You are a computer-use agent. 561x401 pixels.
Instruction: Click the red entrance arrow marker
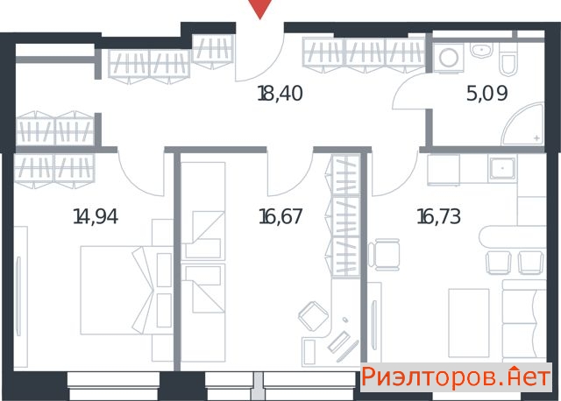[x=260, y=8]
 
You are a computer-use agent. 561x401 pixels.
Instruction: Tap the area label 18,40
[x=280, y=94]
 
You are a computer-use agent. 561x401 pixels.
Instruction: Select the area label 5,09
[x=487, y=94]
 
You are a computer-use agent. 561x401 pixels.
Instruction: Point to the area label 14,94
[x=96, y=216]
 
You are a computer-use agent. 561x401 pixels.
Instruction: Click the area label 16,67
[x=280, y=216]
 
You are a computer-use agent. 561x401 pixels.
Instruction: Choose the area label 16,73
[x=439, y=216]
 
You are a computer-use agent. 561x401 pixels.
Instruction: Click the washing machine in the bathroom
[x=449, y=58]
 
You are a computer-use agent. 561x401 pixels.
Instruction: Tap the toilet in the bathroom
[x=508, y=60]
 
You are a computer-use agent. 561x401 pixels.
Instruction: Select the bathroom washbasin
[x=481, y=50]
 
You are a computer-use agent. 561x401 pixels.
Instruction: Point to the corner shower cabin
[x=526, y=125]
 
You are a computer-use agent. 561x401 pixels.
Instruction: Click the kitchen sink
[x=502, y=168]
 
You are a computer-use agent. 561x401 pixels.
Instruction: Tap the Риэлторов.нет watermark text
[x=456, y=376]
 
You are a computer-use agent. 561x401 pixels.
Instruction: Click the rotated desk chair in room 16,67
[x=314, y=316]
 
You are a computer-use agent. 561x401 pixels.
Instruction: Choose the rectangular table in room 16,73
[x=469, y=323]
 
